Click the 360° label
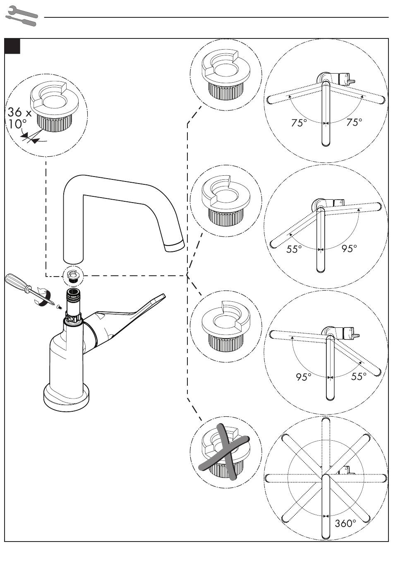(x=345, y=523)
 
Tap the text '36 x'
(x=19, y=112)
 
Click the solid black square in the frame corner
(x=12, y=46)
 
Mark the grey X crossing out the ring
(x=225, y=453)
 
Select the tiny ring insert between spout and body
(x=73, y=275)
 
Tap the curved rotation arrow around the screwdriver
(x=44, y=298)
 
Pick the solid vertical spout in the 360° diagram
(x=326, y=506)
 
